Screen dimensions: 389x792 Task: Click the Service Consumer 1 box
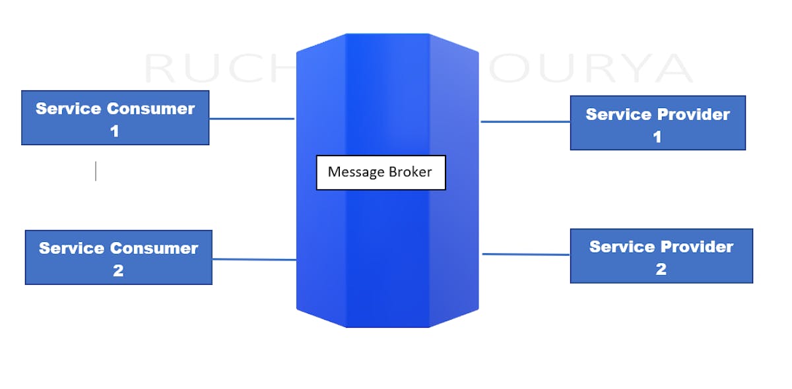coord(115,117)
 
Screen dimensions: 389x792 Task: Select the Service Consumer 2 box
coord(118,257)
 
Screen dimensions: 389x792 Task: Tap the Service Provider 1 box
coord(657,123)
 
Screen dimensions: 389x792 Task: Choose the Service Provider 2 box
coord(661,256)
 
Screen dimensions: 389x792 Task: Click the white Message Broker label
coord(381,173)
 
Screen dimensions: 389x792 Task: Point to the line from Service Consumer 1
coord(251,119)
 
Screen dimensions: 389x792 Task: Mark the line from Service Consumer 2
coord(254,259)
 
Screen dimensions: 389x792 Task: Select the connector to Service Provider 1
coord(525,121)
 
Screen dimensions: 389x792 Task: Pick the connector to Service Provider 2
coord(526,254)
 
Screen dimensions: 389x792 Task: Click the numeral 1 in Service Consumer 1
coord(115,131)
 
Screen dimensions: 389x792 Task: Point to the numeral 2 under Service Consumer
coord(118,271)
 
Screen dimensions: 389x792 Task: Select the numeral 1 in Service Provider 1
coord(657,136)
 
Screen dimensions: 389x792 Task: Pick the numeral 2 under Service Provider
coord(661,269)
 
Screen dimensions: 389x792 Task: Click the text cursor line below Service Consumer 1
coord(96,171)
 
